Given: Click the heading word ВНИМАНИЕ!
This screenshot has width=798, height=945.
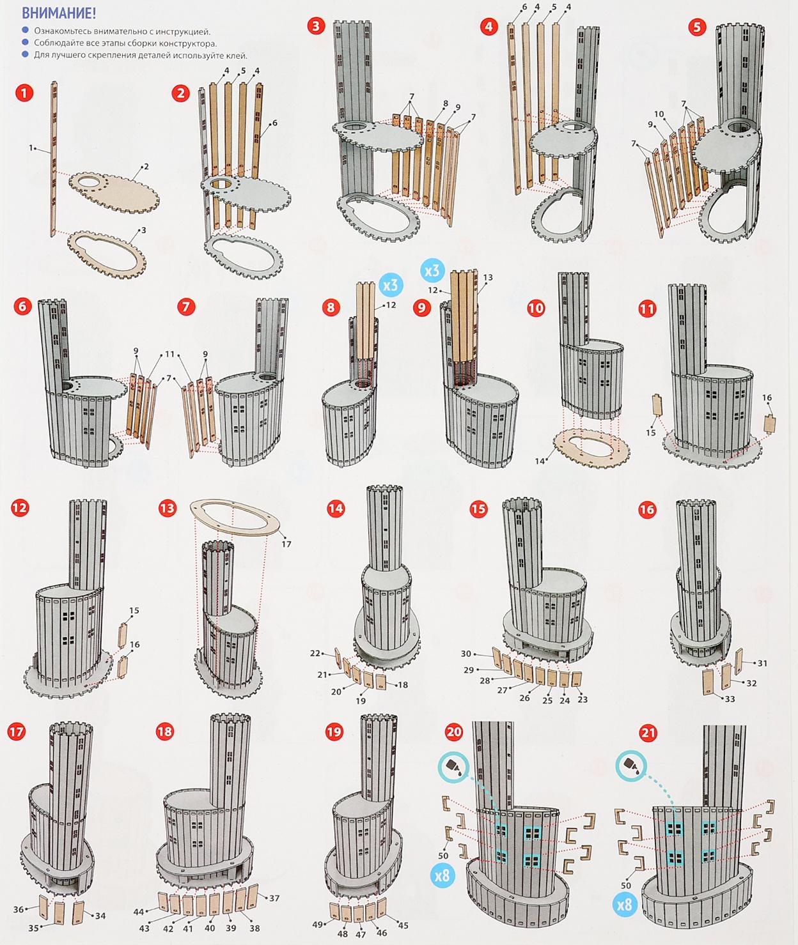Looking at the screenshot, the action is tap(59, 13).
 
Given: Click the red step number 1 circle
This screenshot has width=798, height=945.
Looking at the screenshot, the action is tap(24, 93).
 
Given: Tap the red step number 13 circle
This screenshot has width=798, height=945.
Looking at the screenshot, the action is tap(167, 508).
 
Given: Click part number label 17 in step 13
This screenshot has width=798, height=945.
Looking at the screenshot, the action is tap(286, 544).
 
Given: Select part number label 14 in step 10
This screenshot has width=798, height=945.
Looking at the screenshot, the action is tap(540, 461).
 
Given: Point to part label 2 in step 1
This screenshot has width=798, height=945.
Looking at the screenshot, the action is tap(146, 167).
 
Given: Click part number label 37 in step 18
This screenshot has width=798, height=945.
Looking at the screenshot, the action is tap(274, 898).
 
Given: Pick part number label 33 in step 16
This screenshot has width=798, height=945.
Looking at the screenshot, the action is tap(730, 699).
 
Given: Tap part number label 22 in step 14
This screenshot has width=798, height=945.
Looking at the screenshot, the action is tap(315, 653).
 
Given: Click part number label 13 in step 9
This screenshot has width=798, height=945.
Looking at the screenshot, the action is tap(488, 277).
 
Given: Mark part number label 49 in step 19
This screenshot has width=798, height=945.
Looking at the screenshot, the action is tap(318, 924).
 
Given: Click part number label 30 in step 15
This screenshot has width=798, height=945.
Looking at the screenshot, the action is tap(466, 654).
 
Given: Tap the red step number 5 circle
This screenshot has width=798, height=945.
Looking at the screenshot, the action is tap(698, 27).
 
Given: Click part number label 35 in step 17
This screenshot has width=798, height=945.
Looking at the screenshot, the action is tap(33, 928).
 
